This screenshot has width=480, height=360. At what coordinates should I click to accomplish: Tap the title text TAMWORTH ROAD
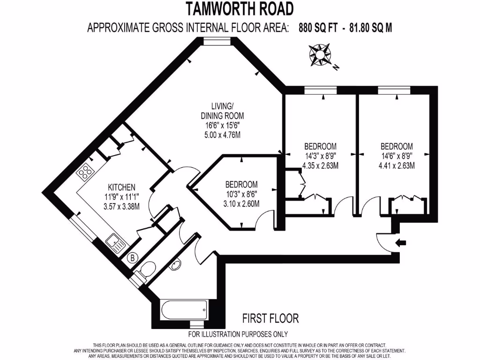coord(240,9)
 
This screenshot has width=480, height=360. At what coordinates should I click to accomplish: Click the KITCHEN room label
coord(122,186)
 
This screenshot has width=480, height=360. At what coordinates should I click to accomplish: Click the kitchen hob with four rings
coord(86,172)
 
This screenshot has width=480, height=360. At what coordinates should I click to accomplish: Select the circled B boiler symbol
coord(133,257)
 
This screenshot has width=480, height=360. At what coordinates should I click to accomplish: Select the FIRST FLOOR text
coord(270,319)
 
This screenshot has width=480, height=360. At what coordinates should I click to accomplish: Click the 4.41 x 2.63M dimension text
coord(397,165)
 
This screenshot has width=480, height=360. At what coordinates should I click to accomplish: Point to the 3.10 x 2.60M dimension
coord(241,203)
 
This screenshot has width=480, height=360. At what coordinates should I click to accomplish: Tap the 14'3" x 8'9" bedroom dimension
coord(320,156)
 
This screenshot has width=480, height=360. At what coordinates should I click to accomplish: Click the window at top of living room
coord(218,41)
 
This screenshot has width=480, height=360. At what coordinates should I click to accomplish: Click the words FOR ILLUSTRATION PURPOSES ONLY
coord(238,334)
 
